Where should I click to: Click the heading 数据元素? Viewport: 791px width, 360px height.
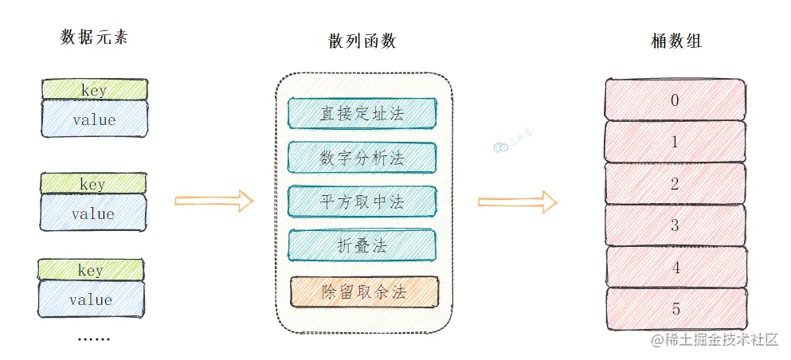pyautogui.click(x=94, y=37)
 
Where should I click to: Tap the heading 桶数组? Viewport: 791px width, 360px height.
pyautogui.click(x=676, y=41)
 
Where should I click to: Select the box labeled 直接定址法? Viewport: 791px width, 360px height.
pyautogui.click(x=362, y=113)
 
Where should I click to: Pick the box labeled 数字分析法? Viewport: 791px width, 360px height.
pyautogui.click(x=362, y=158)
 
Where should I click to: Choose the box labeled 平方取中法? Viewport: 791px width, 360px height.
pyautogui.click(x=362, y=202)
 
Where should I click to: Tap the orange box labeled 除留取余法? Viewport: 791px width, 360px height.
pyautogui.click(x=364, y=292)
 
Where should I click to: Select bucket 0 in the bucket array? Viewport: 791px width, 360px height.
pyautogui.click(x=675, y=100)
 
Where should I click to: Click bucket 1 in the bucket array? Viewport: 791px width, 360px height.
pyautogui.click(x=675, y=142)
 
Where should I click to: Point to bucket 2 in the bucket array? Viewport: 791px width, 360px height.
pyautogui.click(x=675, y=184)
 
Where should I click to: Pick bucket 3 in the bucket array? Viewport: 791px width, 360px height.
pyautogui.click(x=675, y=225)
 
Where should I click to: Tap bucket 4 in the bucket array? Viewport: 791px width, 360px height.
pyautogui.click(x=675, y=267)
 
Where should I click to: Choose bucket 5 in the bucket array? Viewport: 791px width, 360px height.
pyautogui.click(x=675, y=308)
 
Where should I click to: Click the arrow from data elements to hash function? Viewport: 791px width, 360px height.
pyautogui.click(x=213, y=202)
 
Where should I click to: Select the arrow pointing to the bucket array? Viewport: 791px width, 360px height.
pyautogui.click(x=517, y=202)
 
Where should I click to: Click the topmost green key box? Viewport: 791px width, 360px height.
pyautogui.click(x=94, y=89)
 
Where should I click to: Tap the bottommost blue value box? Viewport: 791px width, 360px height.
pyautogui.click(x=92, y=300)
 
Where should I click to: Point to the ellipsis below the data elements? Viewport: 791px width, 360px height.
pyautogui.click(x=93, y=338)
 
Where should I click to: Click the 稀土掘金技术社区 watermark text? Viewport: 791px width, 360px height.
pyautogui.click(x=715, y=340)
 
